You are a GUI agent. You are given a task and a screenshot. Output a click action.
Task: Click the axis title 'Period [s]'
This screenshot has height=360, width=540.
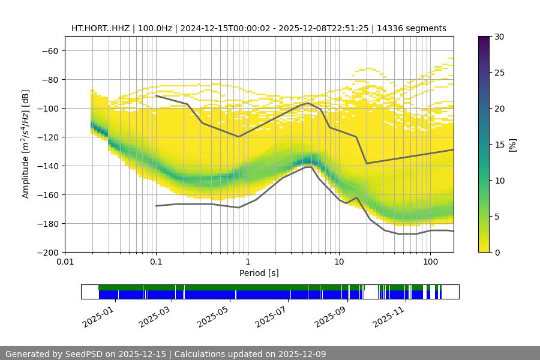coord(259,273)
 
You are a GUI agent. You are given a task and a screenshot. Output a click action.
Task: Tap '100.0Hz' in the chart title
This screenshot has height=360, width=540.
coord(157,28)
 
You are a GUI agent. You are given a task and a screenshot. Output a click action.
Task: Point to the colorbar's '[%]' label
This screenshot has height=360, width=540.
coord(512,145)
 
